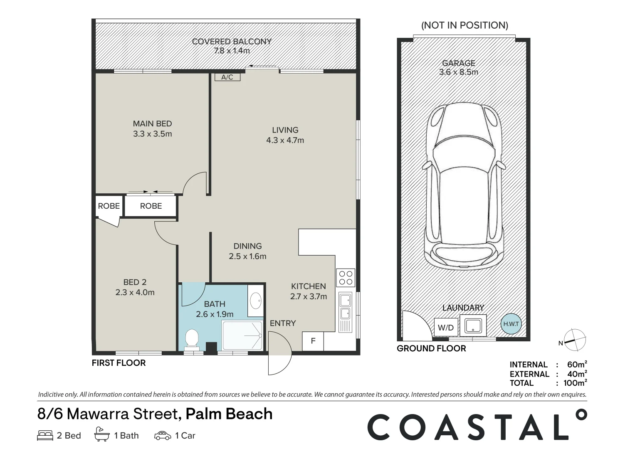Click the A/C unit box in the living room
227,77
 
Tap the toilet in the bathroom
192,338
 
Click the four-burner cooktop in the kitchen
346,278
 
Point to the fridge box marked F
313,341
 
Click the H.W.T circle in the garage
511,324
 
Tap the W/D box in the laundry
446,328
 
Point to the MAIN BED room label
152,123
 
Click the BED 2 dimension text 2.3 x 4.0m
135,292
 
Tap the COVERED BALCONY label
232,42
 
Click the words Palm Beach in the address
229,414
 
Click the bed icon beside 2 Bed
45,435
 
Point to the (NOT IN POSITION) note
464,25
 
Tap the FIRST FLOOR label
119,363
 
